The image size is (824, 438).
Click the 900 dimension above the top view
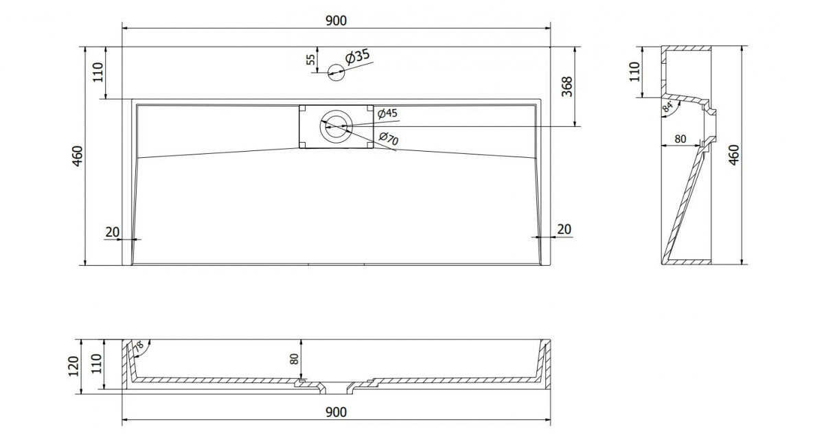tap(336, 21)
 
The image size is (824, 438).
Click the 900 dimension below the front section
tap(336, 413)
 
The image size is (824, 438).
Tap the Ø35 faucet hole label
tap(357, 57)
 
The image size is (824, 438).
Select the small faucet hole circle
tap(336, 72)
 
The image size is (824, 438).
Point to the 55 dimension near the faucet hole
tap(311, 60)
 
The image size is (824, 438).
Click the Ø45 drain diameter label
tap(388, 113)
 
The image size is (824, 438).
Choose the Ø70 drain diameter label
tap(389, 138)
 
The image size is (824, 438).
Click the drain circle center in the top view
tap(336, 126)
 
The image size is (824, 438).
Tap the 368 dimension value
tap(567, 87)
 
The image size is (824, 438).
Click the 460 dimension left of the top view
tap(78, 156)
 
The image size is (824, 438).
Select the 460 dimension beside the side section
tap(733, 155)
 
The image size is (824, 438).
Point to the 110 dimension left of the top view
tap(98, 73)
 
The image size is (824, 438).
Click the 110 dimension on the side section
tap(634, 71)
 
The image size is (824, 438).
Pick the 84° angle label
tap(667, 106)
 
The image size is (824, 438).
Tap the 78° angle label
tap(139, 347)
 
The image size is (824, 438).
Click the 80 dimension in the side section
tap(680, 139)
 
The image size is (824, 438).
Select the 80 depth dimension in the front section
tap(295, 359)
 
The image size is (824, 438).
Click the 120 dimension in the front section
tap(73, 367)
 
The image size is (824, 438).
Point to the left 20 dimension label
tap(113, 232)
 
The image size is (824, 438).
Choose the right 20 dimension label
tap(564, 229)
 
